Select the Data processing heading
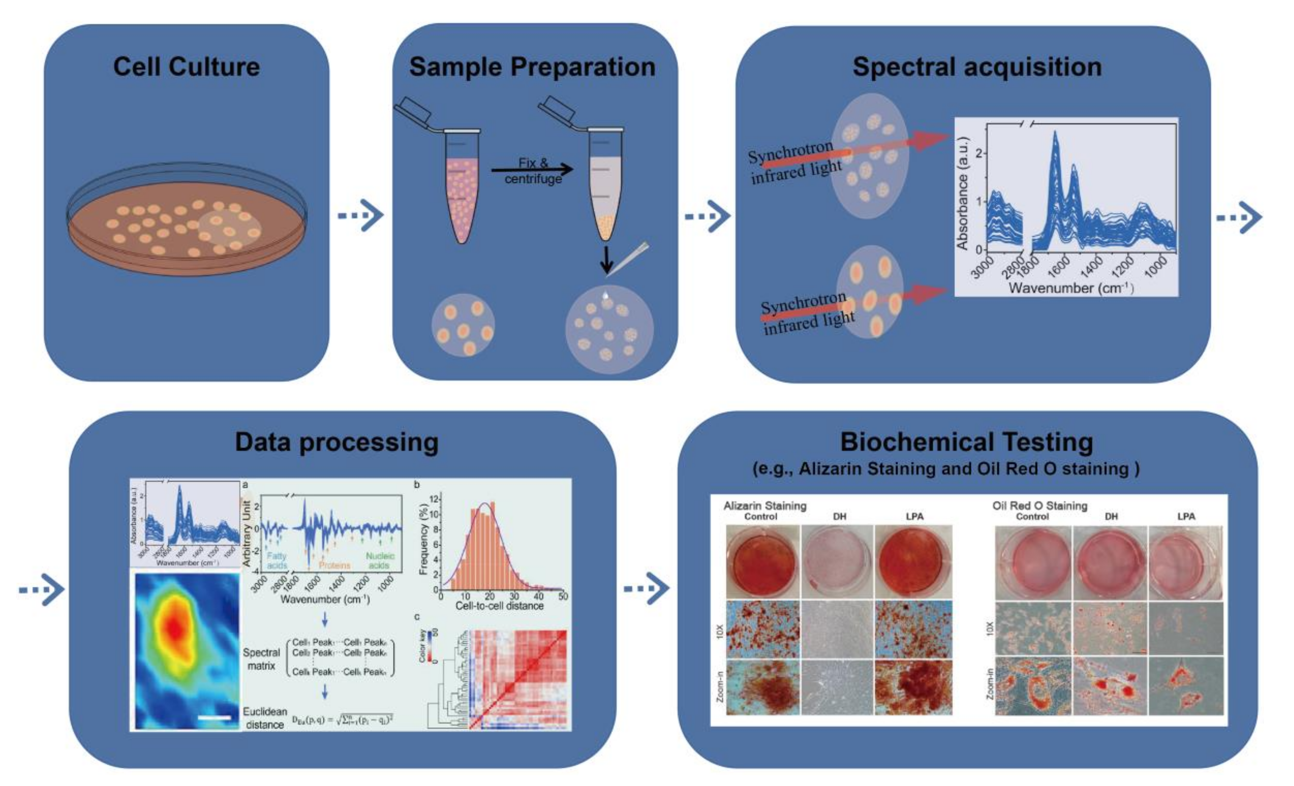(x=337, y=442)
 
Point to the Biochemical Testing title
(x=967, y=442)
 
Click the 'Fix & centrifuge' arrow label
(x=533, y=171)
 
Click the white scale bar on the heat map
(x=214, y=717)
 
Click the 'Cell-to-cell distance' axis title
(x=499, y=605)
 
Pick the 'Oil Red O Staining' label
(x=1039, y=505)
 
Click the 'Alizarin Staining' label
(x=765, y=505)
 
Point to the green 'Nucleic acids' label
(x=380, y=560)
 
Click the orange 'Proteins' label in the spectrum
(x=334, y=566)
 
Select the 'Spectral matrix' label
(x=261, y=659)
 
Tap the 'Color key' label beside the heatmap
(x=422, y=645)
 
